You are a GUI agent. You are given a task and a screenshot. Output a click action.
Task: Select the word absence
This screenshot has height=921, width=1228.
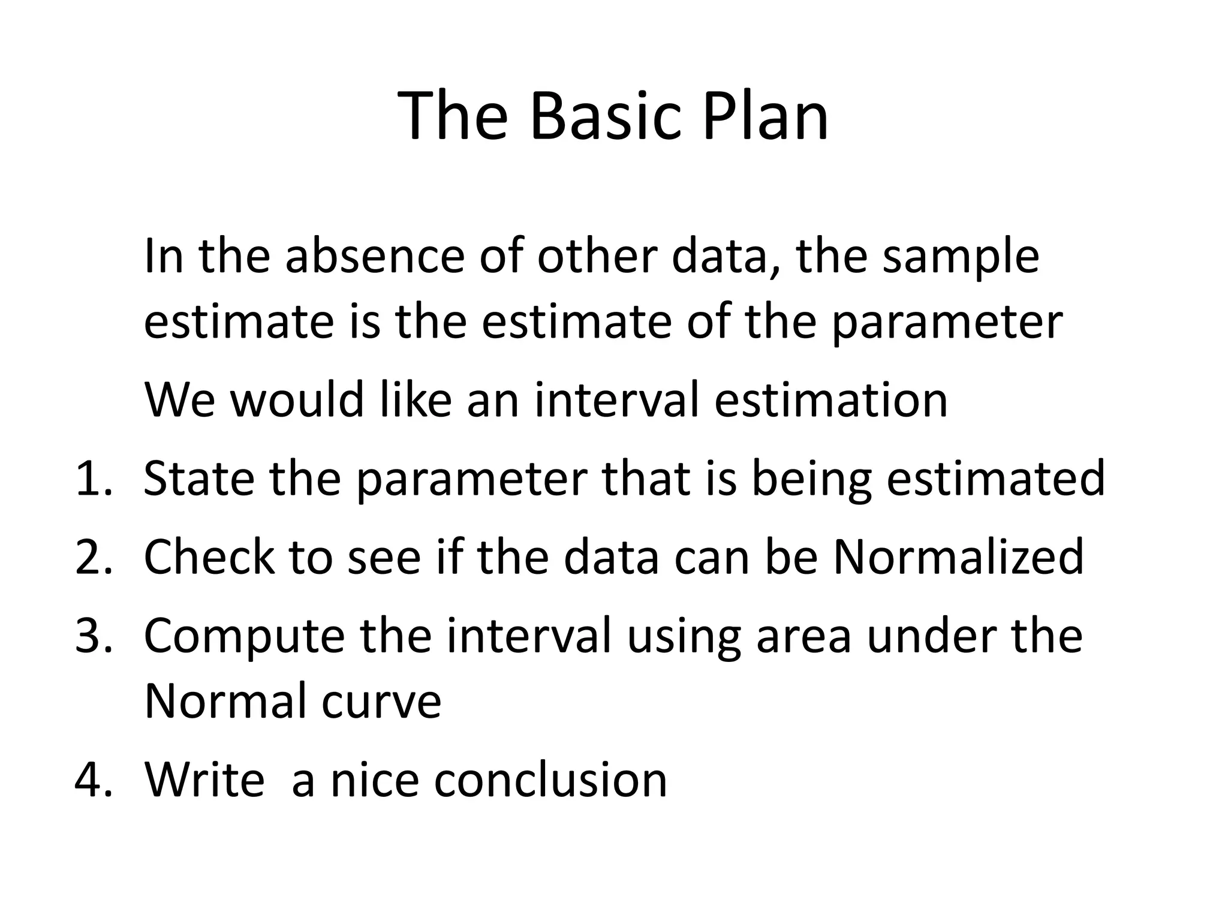click(375, 256)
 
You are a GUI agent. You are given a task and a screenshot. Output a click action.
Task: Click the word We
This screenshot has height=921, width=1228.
click(179, 400)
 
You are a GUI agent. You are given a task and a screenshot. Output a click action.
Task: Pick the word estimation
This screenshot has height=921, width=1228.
click(831, 400)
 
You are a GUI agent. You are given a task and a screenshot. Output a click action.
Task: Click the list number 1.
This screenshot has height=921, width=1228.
click(93, 478)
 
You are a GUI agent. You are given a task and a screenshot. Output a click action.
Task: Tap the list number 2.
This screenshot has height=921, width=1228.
click(93, 557)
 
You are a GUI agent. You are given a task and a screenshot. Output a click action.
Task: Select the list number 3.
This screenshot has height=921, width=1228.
click(93, 636)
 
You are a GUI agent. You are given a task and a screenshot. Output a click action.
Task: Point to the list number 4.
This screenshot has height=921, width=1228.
click(93, 780)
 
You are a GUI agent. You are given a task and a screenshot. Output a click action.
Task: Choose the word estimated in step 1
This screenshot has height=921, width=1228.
click(995, 478)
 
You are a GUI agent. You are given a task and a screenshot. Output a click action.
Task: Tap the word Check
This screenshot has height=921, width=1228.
click(209, 557)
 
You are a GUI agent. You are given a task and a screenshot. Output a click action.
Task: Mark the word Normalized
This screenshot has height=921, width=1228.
click(958, 557)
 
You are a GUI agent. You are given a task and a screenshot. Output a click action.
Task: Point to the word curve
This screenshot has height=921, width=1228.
click(381, 702)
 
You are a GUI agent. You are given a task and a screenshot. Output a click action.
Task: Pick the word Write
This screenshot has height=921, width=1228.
click(204, 780)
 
